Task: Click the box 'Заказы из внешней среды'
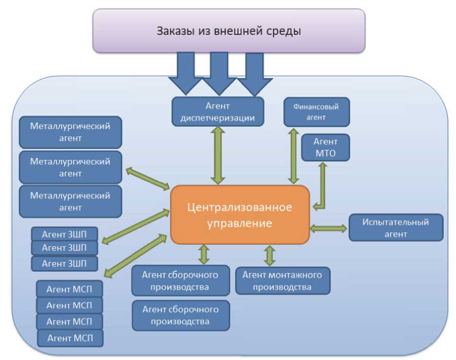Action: [229, 31]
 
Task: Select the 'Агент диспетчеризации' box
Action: [217, 111]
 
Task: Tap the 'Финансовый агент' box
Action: [317, 112]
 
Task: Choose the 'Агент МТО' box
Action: [326, 148]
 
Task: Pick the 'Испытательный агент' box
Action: [395, 228]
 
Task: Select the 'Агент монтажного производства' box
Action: [282, 281]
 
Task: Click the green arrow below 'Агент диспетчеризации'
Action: [217, 155]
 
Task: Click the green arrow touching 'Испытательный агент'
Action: [328, 228]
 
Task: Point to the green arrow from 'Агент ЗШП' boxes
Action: [133, 225]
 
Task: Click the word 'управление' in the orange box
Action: [239, 223]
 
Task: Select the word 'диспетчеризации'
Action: [217, 118]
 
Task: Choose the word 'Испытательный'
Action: [395, 222]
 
